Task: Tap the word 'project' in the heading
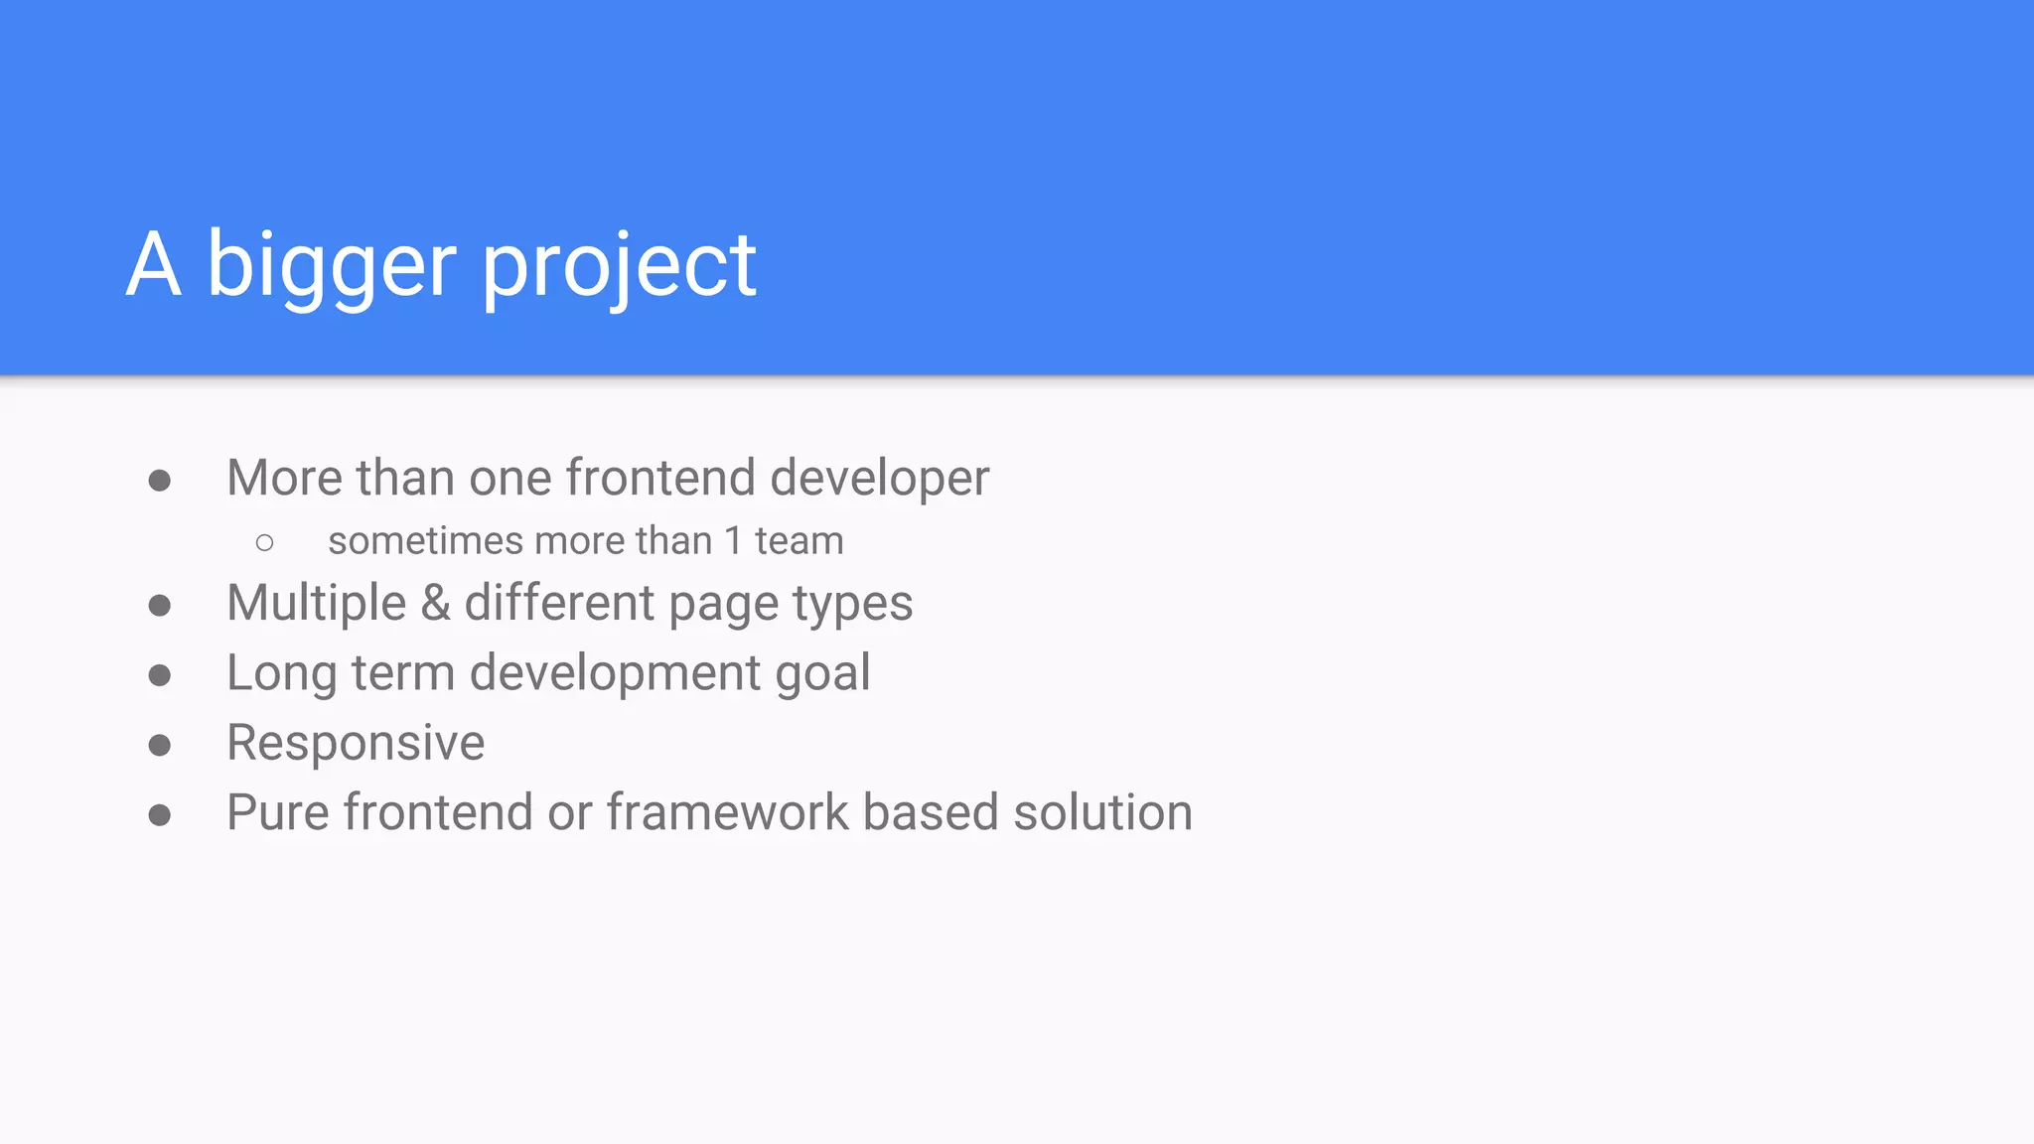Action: click(620, 266)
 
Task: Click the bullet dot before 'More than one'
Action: click(159, 482)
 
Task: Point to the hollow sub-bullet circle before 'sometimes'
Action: click(264, 542)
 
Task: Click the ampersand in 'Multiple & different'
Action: click(435, 603)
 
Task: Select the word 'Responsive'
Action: click(356, 743)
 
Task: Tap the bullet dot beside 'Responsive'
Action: click(159, 745)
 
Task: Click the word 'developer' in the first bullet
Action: click(879, 479)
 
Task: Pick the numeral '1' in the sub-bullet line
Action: click(733, 541)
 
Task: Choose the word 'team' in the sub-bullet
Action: click(799, 541)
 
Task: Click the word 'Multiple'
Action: click(317, 603)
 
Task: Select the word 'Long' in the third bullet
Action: click(281, 674)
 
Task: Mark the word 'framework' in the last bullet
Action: click(727, 812)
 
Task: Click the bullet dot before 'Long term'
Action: click(159, 675)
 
